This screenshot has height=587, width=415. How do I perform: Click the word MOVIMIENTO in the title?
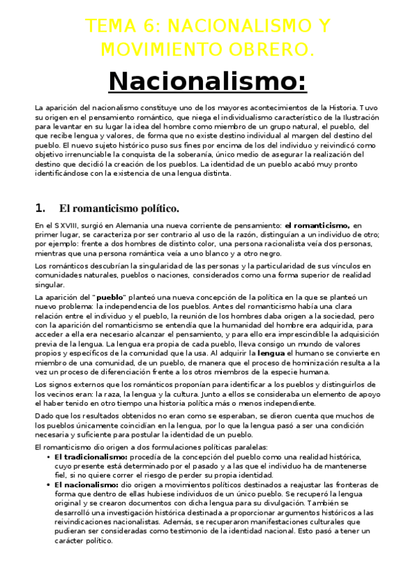164,49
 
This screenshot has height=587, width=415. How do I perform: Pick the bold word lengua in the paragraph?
271,352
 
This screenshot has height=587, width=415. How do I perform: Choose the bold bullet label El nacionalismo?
86,485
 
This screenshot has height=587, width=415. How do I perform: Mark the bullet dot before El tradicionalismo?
46,458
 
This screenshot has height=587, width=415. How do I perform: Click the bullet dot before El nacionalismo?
46,485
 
